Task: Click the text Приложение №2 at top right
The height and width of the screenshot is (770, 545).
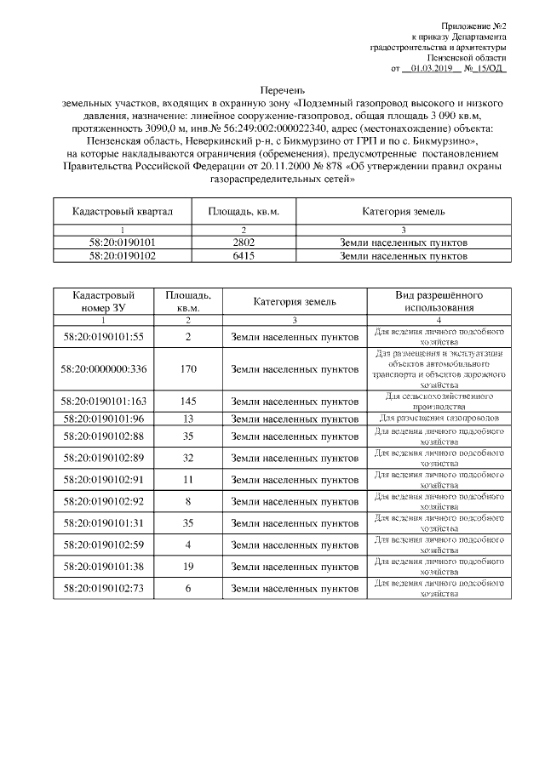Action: pyautogui.click(x=473, y=27)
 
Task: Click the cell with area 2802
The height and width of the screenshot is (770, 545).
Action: pyautogui.click(x=244, y=242)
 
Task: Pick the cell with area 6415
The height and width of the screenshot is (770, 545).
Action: pyautogui.click(x=244, y=254)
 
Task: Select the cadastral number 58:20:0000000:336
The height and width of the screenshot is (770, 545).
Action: pyautogui.click(x=104, y=369)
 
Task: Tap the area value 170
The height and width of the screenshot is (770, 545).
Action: pyautogui.click(x=188, y=369)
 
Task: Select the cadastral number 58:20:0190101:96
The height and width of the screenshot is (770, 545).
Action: pyautogui.click(x=104, y=418)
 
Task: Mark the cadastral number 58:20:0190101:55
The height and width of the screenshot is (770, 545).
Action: pyautogui.click(x=104, y=336)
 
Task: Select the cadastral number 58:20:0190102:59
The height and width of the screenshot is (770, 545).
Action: pyautogui.click(x=104, y=544)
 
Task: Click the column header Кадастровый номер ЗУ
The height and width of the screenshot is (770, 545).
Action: pyautogui.click(x=104, y=301)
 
